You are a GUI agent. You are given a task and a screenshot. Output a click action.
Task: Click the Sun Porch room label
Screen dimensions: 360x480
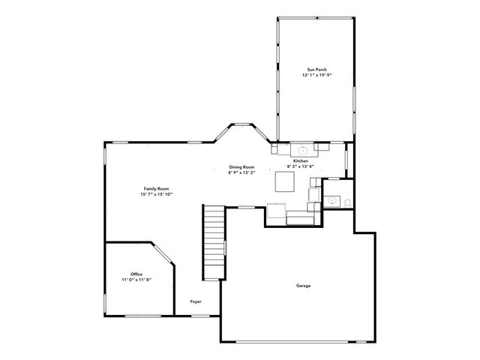click(x=316, y=69)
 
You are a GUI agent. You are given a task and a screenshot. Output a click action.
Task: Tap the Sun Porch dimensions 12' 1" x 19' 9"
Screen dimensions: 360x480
click(x=316, y=75)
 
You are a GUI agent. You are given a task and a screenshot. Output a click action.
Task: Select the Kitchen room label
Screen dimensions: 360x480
click(x=301, y=161)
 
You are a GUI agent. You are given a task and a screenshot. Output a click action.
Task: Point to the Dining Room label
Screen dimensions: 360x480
click(x=241, y=166)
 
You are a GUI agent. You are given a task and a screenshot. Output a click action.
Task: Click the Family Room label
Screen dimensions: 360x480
click(x=156, y=188)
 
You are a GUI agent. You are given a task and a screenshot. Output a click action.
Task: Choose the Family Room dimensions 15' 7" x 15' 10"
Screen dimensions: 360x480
click(x=156, y=194)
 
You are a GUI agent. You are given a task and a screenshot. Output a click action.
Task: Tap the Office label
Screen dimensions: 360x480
click(x=136, y=274)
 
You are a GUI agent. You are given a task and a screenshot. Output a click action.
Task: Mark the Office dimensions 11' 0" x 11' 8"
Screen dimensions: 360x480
click(x=136, y=280)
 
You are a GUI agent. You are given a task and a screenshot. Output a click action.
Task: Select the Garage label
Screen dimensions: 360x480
click(x=304, y=286)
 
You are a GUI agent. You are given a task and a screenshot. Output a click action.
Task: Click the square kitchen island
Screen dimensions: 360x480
click(x=285, y=182)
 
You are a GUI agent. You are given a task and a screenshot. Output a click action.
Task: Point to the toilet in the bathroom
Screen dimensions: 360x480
click(x=347, y=201)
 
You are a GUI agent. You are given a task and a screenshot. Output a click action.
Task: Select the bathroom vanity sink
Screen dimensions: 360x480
click(x=331, y=200)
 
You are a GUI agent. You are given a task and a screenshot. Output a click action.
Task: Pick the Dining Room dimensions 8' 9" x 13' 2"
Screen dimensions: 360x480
click(x=241, y=172)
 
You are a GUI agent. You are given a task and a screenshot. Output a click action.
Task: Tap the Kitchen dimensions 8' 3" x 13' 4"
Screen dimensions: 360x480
click(x=301, y=167)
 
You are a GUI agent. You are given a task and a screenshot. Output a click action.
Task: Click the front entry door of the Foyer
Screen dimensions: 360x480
click(x=200, y=316)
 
